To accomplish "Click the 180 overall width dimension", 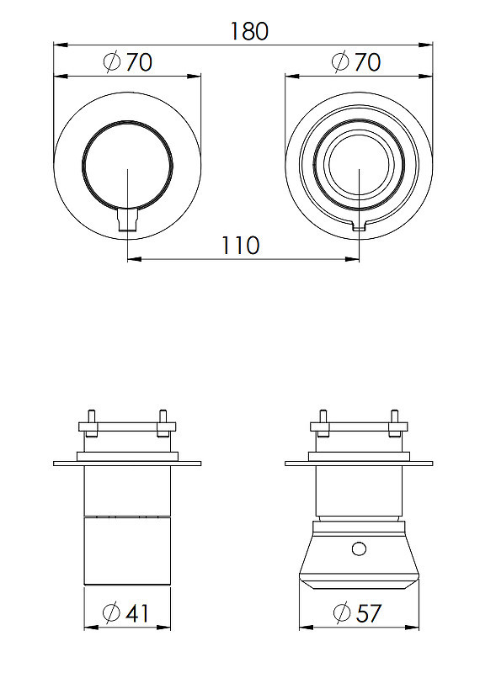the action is coord(249,31).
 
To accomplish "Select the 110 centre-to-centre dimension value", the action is coord(240,245).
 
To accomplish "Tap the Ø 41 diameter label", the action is coord(126,613).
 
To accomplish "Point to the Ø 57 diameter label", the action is coord(357,613).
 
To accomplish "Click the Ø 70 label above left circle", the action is coord(128,61).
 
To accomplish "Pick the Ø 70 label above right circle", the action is coord(356,61).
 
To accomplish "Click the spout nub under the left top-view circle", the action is coord(128,219).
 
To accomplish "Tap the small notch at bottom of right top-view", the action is coord(359,226).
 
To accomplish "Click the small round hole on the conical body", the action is coord(359,548).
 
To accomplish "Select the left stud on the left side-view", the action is coord(92,424).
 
